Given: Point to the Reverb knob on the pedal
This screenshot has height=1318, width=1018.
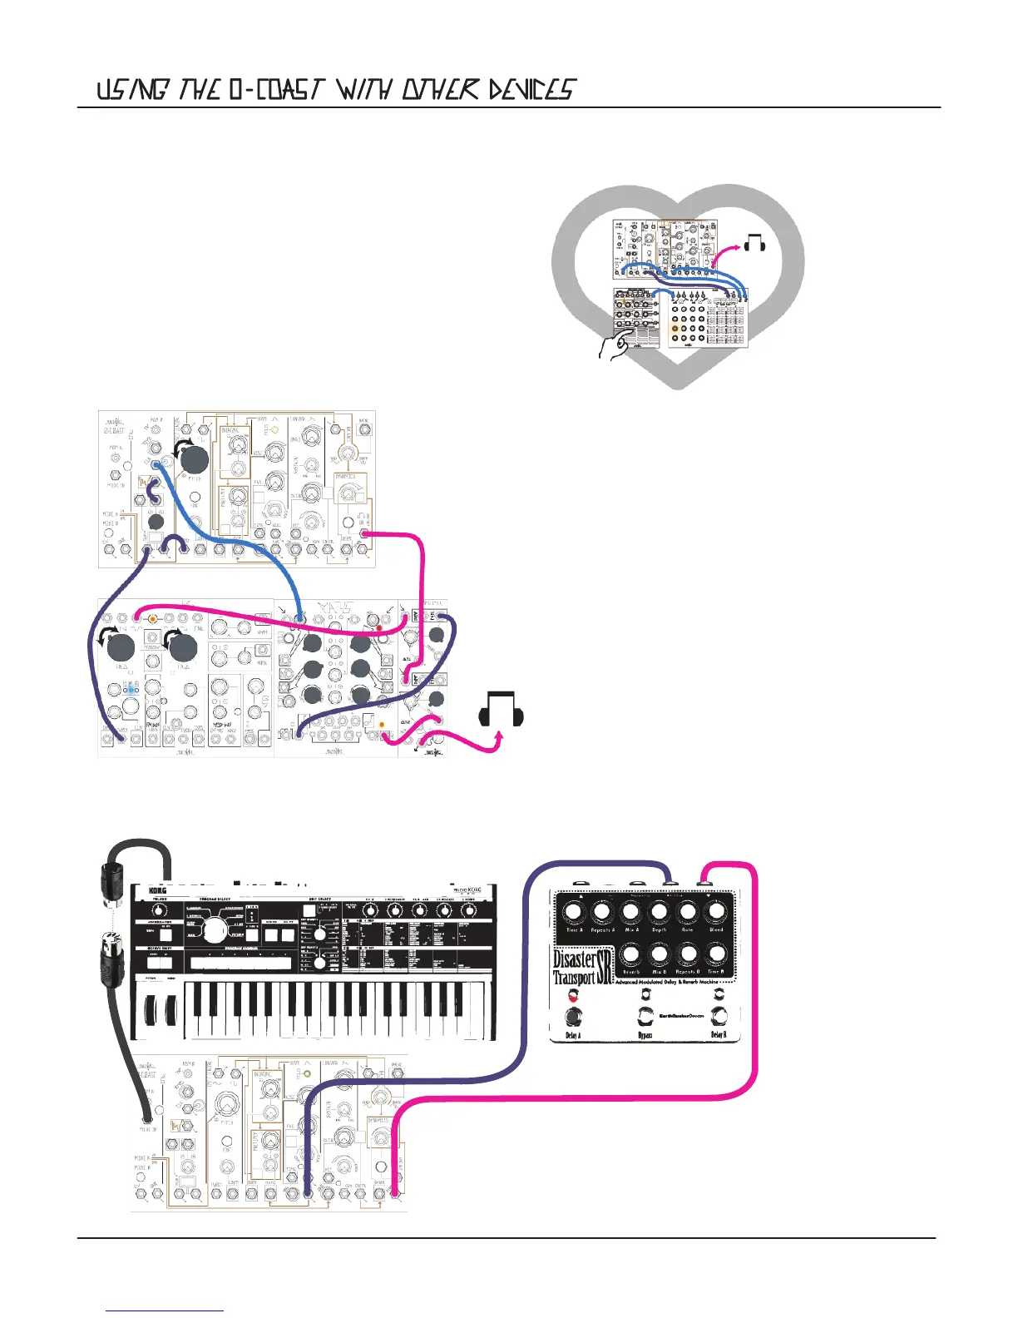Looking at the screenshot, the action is pyautogui.click(x=630, y=954).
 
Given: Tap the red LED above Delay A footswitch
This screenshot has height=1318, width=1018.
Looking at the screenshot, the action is pyautogui.click(x=573, y=995).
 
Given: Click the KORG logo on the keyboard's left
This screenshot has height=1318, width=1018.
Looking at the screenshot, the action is pyautogui.click(x=158, y=891).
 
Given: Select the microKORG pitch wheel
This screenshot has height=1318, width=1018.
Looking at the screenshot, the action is pyautogui.click(x=151, y=1008).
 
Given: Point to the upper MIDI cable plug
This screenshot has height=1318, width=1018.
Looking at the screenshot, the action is pyautogui.click(x=112, y=882).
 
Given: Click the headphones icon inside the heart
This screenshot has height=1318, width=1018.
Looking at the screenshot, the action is pyautogui.click(x=755, y=243).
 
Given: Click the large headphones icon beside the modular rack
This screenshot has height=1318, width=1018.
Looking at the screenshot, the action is pyautogui.click(x=502, y=709).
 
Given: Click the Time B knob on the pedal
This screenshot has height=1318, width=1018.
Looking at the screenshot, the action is pyautogui.click(x=715, y=954).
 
